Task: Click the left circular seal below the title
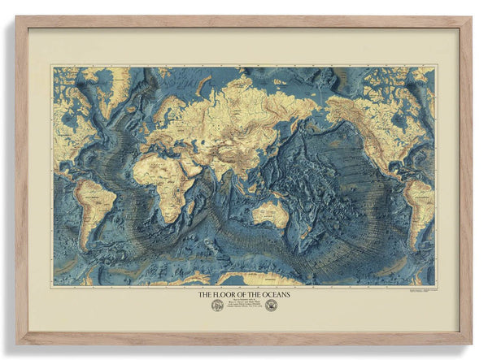(217, 306)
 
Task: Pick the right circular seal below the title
(271, 306)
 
